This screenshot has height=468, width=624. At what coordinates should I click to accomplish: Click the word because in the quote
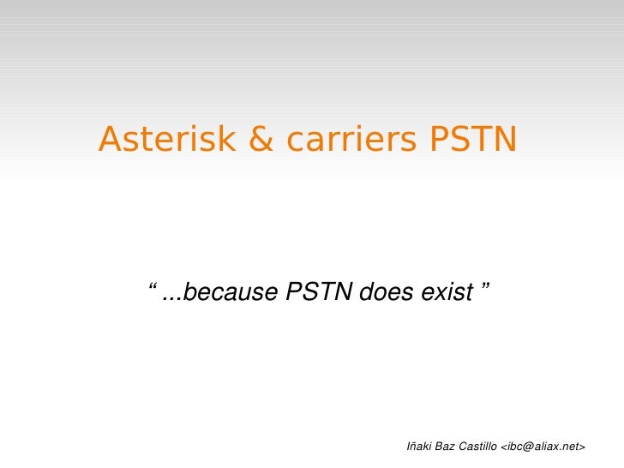(x=231, y=294)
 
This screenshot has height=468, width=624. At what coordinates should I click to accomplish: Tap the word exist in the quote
(x=447, y=294)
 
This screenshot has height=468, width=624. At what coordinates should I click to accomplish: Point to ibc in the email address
(x=513, y=447)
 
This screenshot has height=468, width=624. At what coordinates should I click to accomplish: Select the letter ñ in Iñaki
(x=414, y=447)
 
